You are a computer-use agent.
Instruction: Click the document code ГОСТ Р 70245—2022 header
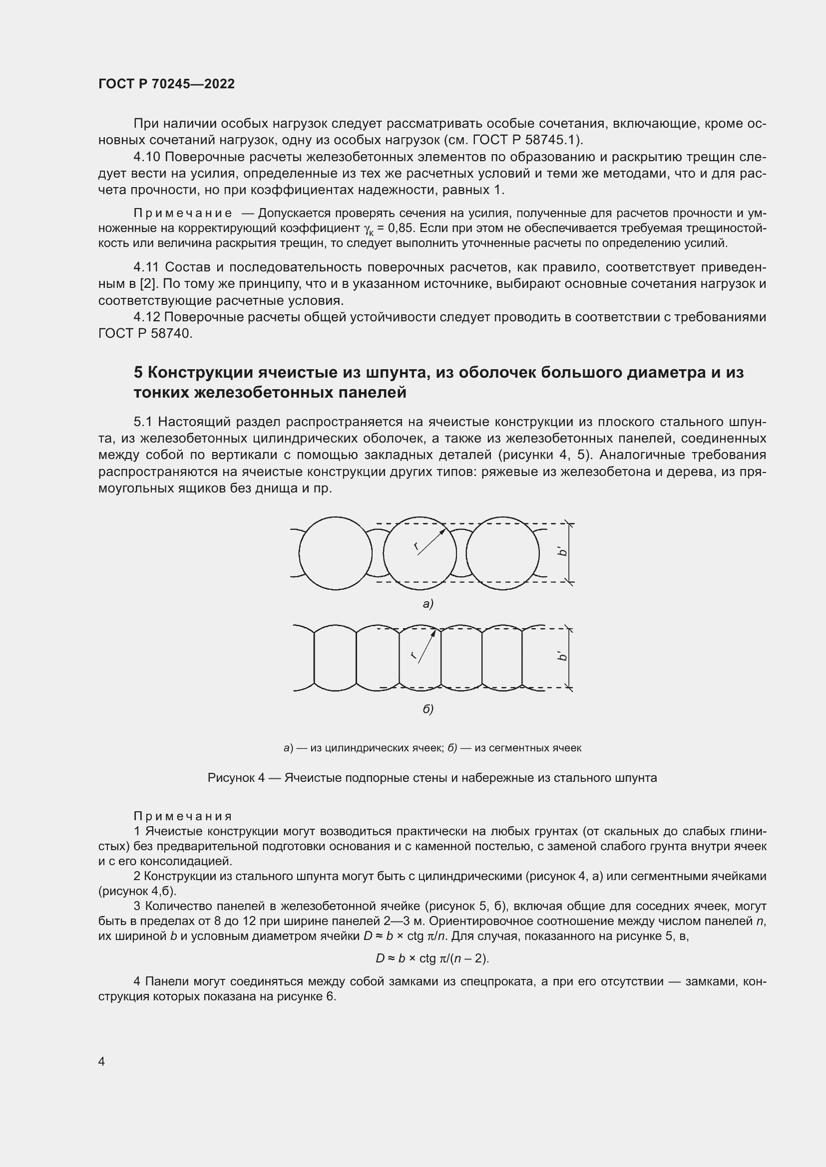(x=166, y=84)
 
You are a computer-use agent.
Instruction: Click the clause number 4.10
(x=146, y=157)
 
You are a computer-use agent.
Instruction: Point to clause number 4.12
(x=146, y=317)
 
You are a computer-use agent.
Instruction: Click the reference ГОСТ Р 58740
(x=144, y=334)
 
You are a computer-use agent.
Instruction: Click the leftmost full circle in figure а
(x=335, y=553)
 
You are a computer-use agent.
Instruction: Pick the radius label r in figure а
(x=416, y=546)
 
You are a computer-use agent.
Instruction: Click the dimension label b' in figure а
(x=562, y=551)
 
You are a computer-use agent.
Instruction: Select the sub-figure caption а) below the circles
(x=427, y=604)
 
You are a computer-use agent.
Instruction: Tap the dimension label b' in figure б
(x=562, y=657)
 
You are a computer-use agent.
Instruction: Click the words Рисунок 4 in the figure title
(x=236, y=778)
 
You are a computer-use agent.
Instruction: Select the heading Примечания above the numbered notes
(x=182, y=816)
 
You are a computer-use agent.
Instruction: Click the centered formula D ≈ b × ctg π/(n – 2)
(x=432, y=958)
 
